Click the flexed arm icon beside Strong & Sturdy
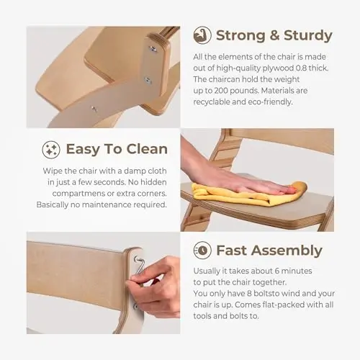pyautogui.click(x=202, y=35)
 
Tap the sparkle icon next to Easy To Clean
pyautogui.click(x=51, y=149)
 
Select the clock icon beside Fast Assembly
pyautogui.click(x=202, y=251)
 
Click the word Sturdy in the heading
pyautogui.click(x=308, y=35)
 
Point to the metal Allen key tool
pyautogui.click(x=139, y=269)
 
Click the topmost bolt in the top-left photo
pyautogui.click(x=153, y=49)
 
